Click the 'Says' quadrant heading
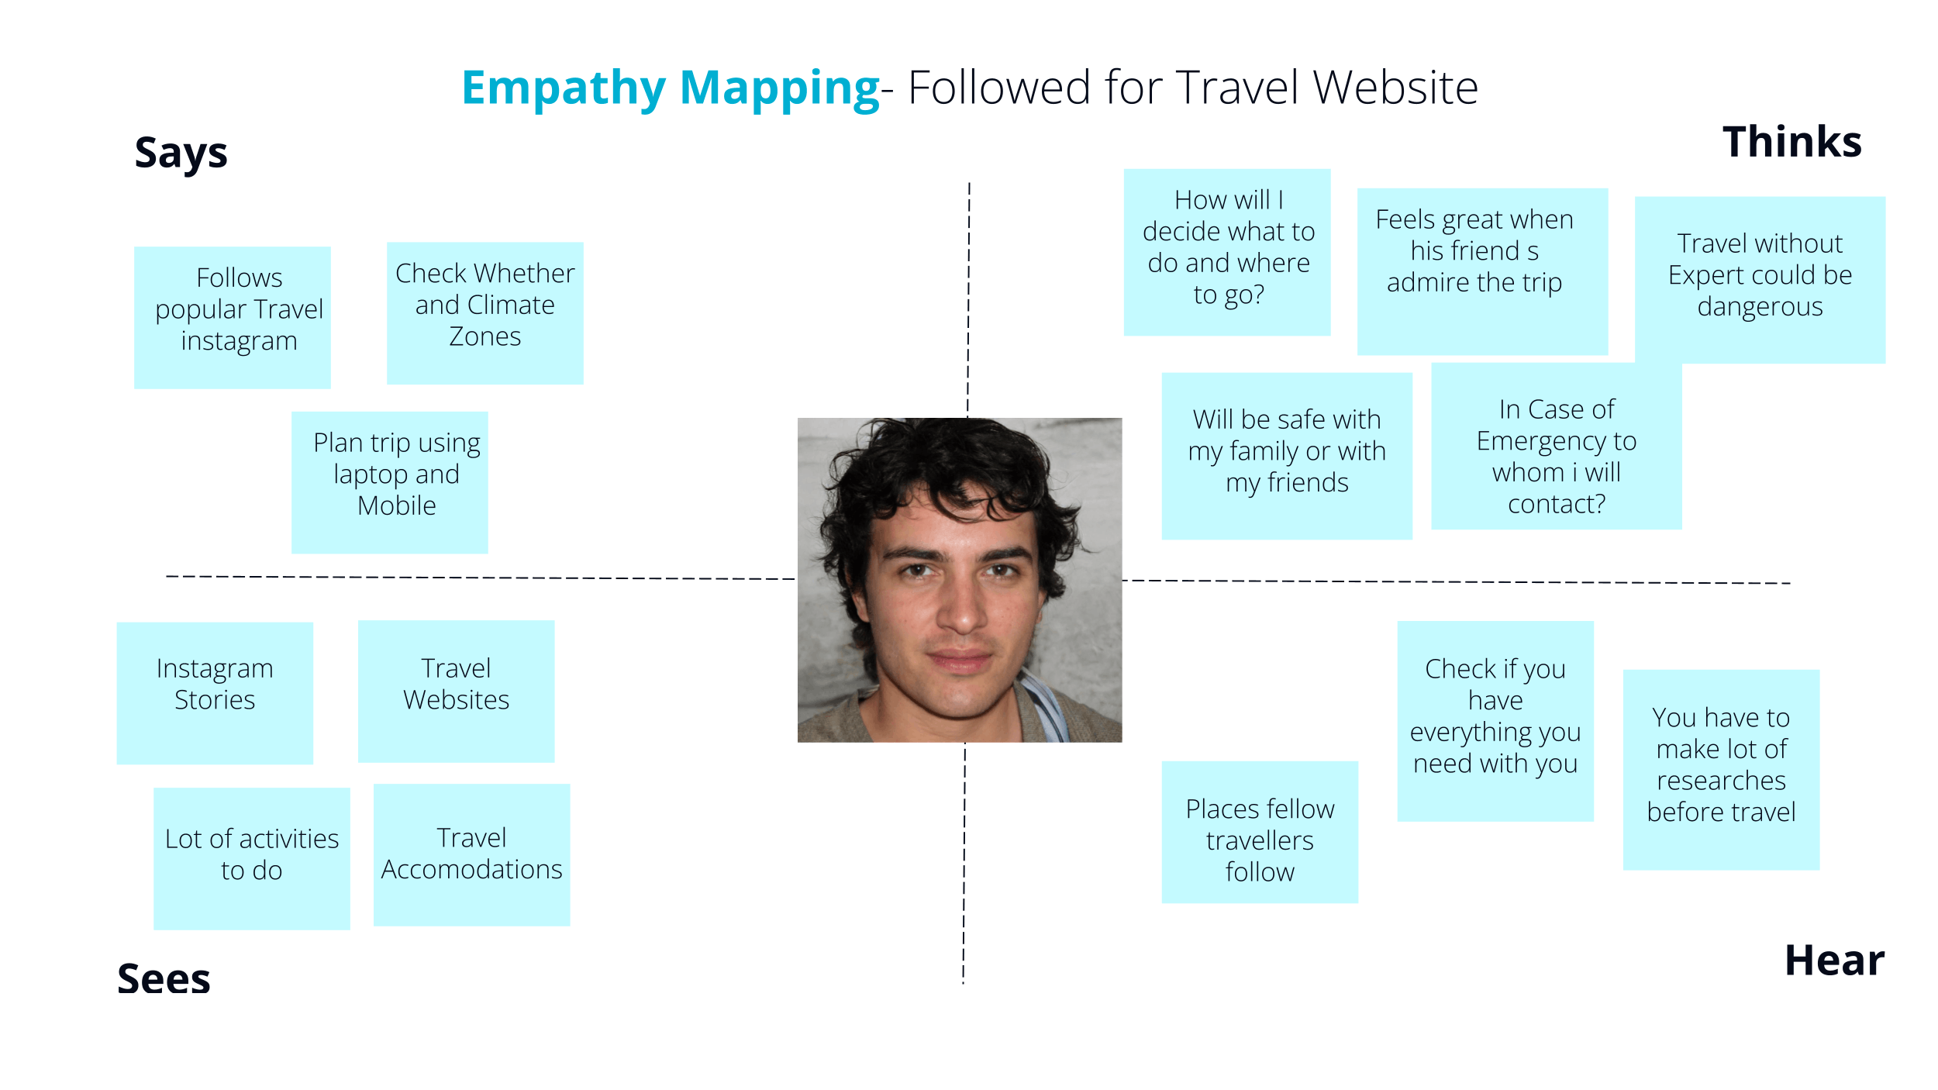pos(181,153)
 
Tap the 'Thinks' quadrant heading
pos(1791,142)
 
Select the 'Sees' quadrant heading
pos(164,978)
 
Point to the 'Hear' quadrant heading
pos(1834,961)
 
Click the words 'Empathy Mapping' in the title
pos(671,88)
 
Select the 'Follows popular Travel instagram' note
pos(233,317)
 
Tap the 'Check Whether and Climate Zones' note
pos(485,312)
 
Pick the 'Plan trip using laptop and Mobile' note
pos(390,482)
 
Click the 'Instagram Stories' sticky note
pos(215,692)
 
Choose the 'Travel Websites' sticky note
pos(456,691)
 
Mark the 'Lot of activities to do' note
pos(252,858)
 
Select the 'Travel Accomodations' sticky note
pos(471,854)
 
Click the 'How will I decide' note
pos(1227,252)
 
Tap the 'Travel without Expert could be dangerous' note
pos(1760,279)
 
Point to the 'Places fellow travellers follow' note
pos(1260,832)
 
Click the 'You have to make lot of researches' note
pos(1721,769)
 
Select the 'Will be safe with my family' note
pos(1287,456)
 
